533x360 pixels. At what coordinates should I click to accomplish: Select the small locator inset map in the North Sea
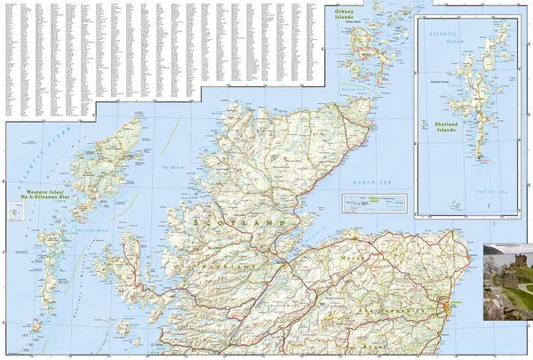pyautogui.click(x=374, y=204)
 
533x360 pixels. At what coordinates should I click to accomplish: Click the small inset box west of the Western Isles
pyautogui.click(x=15, y=212)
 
